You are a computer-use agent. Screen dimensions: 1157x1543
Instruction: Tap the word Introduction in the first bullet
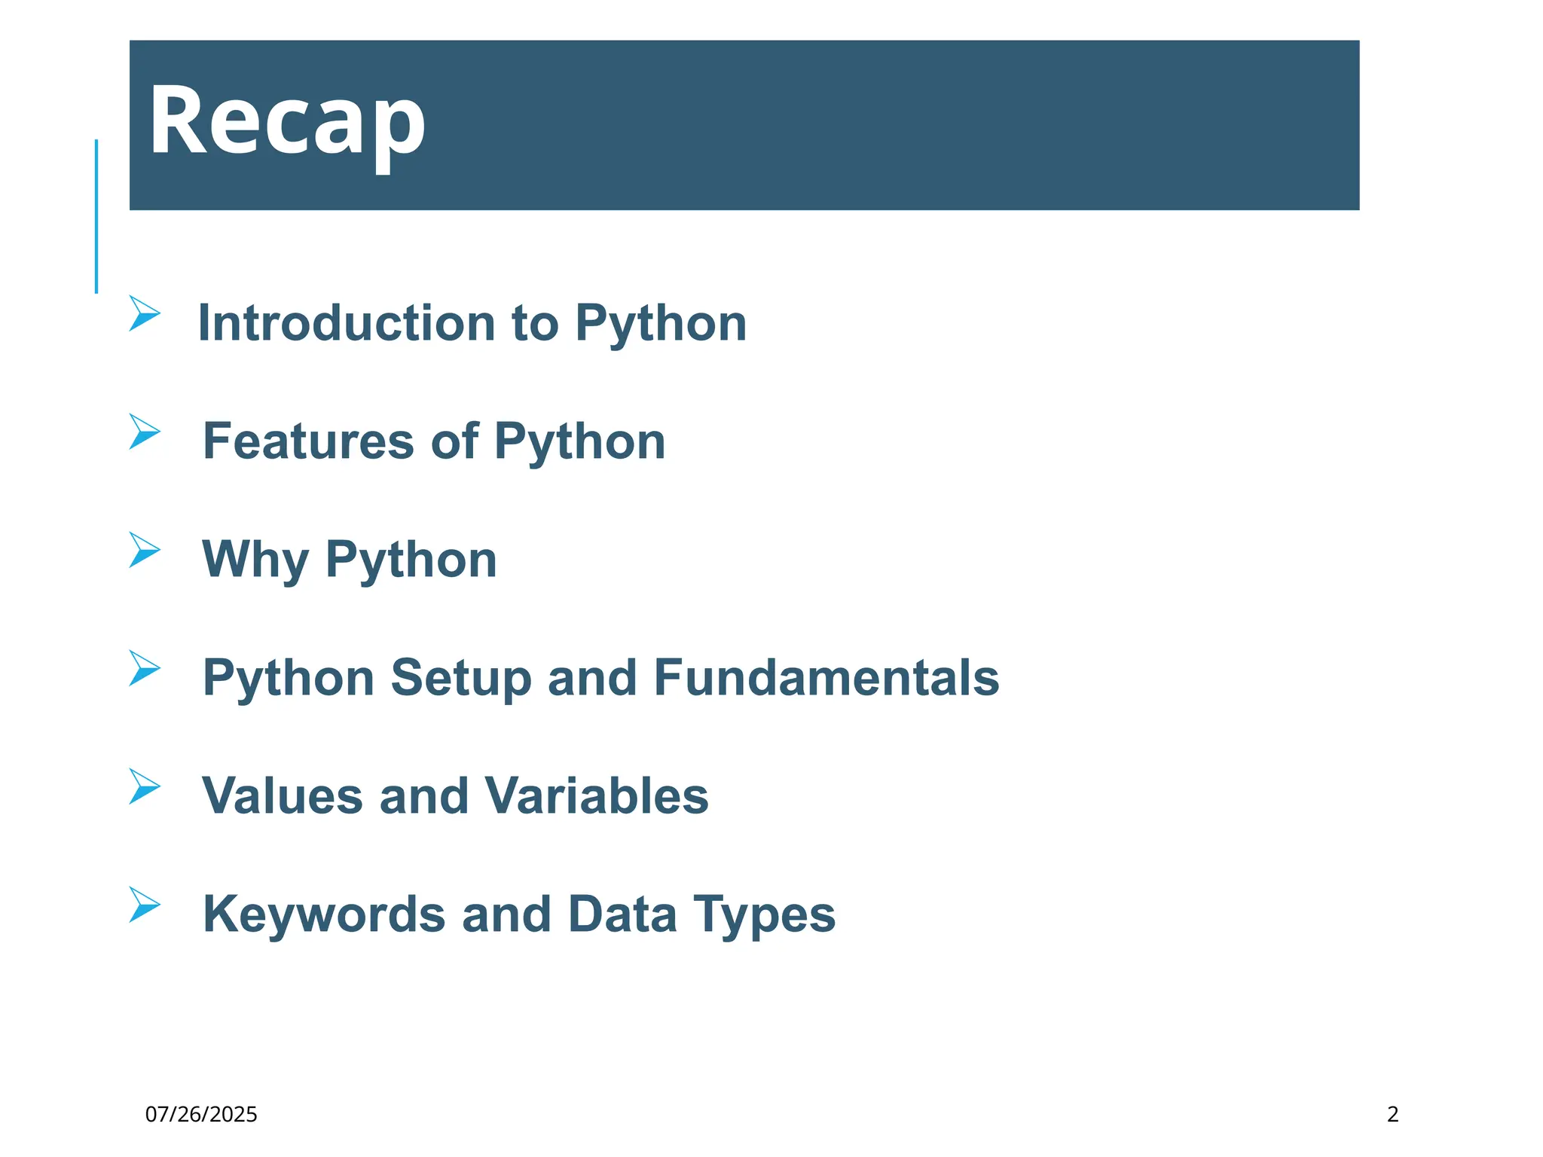346,323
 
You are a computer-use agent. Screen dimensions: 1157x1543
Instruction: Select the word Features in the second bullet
308,441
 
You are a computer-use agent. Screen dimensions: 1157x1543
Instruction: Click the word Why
255,560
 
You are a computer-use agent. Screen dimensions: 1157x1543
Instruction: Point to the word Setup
460,678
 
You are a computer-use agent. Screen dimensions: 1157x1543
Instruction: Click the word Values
283,796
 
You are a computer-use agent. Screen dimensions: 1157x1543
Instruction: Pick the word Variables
596,796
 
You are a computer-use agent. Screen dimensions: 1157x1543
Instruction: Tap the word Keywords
324,914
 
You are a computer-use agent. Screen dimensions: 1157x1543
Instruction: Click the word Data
622,914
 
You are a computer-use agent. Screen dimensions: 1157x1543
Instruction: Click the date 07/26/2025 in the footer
201,1114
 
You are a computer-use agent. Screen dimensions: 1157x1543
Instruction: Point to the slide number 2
1392,1114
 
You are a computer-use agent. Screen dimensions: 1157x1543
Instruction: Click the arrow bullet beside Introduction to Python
143,313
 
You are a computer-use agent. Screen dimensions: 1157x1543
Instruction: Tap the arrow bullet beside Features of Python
143,432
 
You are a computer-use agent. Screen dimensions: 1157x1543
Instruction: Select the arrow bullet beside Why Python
143,550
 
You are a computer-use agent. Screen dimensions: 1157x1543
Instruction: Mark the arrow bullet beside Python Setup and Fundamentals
143,668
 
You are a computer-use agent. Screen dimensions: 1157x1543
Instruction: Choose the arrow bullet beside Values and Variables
143,786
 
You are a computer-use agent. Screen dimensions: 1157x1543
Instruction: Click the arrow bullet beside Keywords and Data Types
143,905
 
